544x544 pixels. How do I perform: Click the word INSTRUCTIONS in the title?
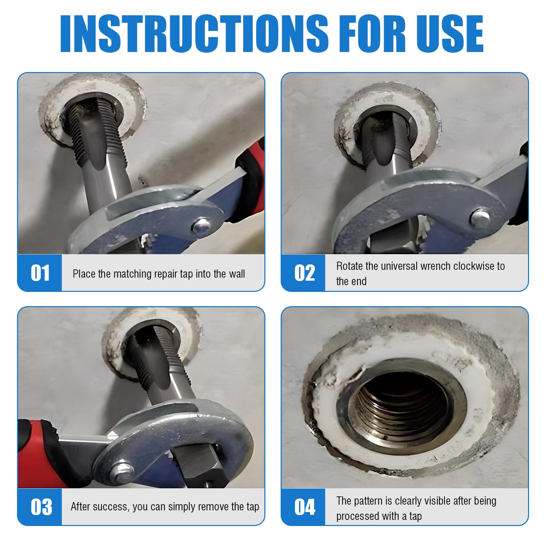[x=194, y=34]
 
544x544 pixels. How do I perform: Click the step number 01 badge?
[x=40, y=273]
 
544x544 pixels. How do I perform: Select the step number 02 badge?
[x=303, y=273]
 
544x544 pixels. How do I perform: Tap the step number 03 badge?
[x=40, y=507]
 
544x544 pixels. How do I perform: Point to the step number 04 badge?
[x=303, y=507]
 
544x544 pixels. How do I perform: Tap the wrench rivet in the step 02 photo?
[x=480, y=217]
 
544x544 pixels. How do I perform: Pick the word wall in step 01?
[x=236, y=274]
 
